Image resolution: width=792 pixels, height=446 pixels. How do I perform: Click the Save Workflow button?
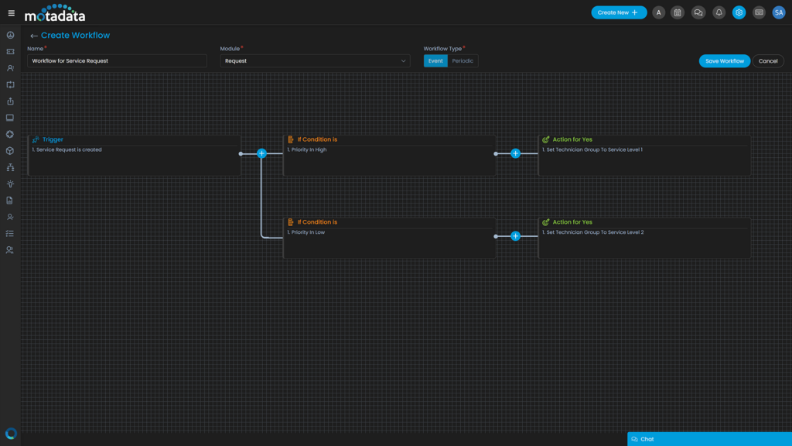(x=724, y=61)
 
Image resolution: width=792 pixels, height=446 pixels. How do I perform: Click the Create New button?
(x=619, y=12)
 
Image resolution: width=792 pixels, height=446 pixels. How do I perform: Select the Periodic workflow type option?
(x=463, y=60)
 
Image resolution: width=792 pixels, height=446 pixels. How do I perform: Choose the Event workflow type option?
(x=435, y=60)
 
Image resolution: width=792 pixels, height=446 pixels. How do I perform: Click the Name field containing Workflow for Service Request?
(x=117, y=60)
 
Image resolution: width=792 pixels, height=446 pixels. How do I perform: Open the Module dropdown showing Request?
(x=315, y=60)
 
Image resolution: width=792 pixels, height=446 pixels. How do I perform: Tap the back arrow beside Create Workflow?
(x=33, y=36)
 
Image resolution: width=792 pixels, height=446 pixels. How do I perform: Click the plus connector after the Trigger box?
(x=261, y=153)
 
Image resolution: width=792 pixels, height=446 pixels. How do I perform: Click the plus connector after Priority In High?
(x=516, y=153)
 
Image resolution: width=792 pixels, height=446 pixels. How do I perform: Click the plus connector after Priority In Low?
(x=516, y=236)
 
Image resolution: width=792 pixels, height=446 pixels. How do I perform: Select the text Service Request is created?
(x=69, y=149)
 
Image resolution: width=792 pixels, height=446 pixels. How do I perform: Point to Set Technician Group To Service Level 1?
(x=594, y=149)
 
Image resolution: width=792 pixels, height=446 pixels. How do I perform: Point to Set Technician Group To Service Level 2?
(x=594, y=232)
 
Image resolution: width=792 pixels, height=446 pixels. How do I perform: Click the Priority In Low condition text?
(x=308, y=232)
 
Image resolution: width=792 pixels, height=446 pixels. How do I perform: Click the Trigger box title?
(x=53, y=139)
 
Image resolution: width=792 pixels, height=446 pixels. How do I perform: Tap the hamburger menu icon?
(x=11, y=12)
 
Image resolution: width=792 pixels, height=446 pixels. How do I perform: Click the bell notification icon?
(x=719, y=12)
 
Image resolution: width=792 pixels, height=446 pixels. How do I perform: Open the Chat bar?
(x=709, y=439)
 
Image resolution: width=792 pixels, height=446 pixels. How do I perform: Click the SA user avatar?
(x=779, y=12)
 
